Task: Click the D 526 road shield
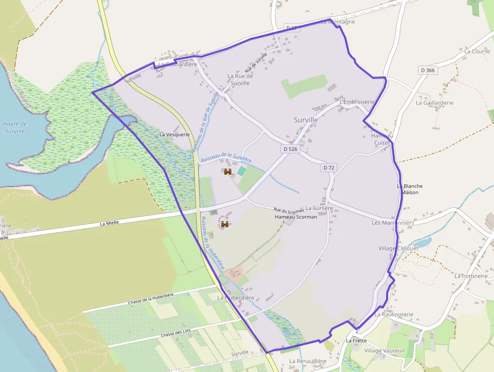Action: [290, 149]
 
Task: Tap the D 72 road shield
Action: [329, 168]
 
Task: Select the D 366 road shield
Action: [427, 70]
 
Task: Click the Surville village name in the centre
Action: [306, 120]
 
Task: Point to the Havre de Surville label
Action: [15, 127]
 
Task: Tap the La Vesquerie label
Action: [174, 135]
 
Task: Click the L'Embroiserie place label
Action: [357, 102]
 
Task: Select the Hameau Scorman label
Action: [296, 217]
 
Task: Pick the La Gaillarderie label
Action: [435, 102]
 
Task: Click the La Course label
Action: [477, 51]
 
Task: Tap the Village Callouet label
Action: [398, 248]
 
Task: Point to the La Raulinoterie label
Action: [394, 314]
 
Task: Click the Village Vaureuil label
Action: [385, 351]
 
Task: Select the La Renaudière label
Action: [307, 361]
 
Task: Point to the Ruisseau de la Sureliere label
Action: [226, 158]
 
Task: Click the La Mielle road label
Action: [109, 223]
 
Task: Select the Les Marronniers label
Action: [393, 223]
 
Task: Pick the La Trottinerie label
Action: [471, 276]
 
